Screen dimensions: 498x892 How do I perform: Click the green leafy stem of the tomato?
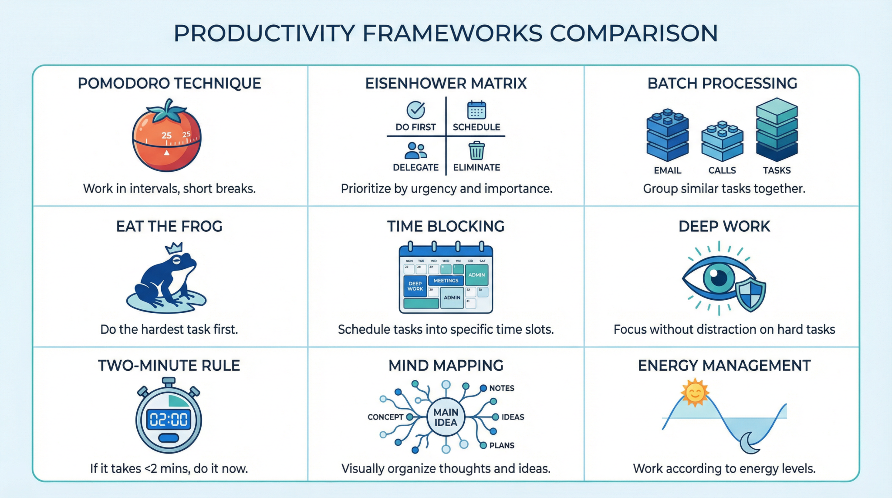coord(167,112)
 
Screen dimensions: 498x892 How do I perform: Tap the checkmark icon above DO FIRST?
coord(416,110)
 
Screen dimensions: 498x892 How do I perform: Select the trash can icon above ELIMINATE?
coord(476,150)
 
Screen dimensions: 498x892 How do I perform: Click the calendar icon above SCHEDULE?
coord(476,110)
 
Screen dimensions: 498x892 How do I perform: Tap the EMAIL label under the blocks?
coord(667,170)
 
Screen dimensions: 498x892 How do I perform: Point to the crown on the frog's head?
coord(174,248)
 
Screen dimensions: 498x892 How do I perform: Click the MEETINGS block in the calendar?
coord(446,281)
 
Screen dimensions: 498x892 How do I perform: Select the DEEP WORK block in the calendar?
coord(415,286)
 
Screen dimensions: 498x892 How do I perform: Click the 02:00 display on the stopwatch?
coord(169,420)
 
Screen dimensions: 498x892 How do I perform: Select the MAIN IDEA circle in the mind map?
coord(446,417)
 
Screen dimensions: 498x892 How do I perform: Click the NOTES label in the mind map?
coord(501,388)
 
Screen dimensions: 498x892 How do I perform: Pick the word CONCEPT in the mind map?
coord(385,417)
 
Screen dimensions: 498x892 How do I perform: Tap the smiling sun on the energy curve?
coord(695,392)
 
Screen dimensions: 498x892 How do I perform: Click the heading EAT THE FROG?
coord(169,227)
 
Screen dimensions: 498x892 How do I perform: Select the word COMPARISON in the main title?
coord(633,34)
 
